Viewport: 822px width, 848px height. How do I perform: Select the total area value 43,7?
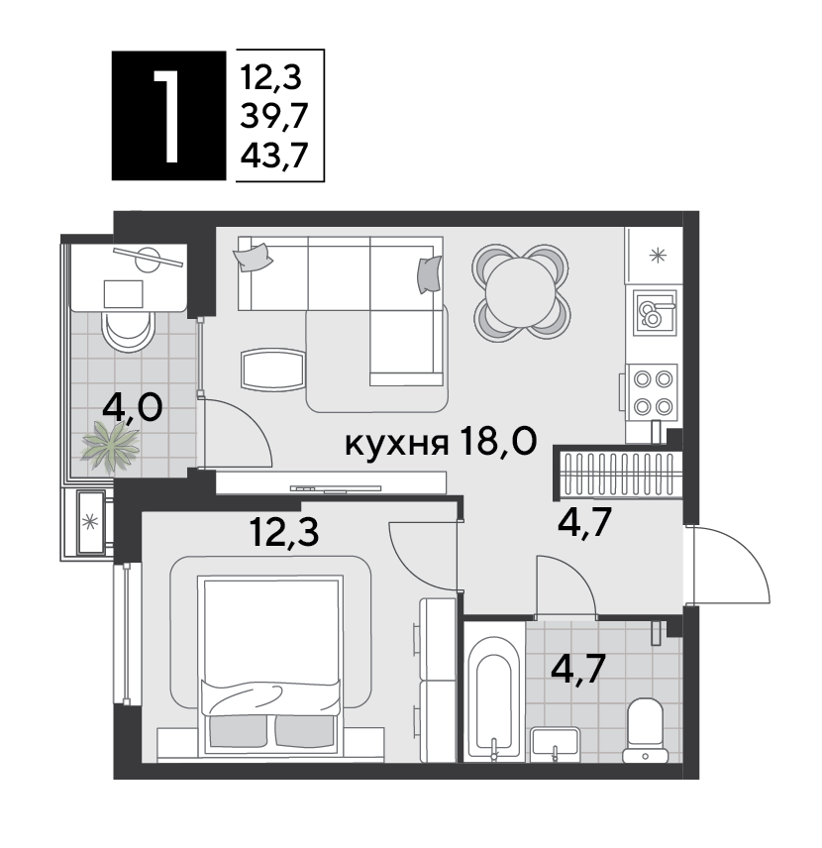coord(273,156)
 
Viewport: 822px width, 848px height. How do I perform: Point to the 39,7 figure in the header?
coord(273,115)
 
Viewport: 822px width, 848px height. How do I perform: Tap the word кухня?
coord(395,444)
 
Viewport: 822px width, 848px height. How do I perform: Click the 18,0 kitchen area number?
coord(497,442)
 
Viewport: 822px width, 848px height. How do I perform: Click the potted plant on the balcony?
coord(112,445)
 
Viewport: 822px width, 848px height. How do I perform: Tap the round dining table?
coord(520,289)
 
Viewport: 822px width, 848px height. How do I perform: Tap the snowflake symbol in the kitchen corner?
coord(657,255)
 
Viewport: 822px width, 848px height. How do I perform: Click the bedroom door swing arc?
coord(422,555)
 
